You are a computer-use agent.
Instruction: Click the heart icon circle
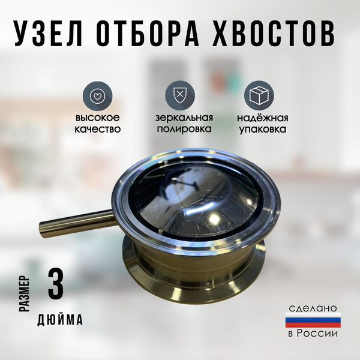pyautogui.click(x=98, y=96)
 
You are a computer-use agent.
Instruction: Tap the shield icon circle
pyautogui.click(x=180, y=96)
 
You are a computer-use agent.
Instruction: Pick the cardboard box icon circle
pyautogui.click(x=259, y=96)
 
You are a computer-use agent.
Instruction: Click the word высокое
pyautogui.click(x=98, y=118)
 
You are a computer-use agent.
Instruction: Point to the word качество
pyautogui.click(x=98, y=129)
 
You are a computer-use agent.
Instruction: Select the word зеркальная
pyautogui.click(x=184, y=118)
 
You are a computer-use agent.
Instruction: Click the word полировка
pyautogui.click(x=184, y=129)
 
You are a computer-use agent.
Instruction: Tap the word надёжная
pyautogui.click(x=263, y=118)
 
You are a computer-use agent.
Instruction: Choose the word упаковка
pyautogui.click(x=263, y=130)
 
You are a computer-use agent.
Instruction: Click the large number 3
pyautogui.click(x=56, y=284)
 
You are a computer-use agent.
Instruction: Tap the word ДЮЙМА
pyautogui.click(x=60, y=319)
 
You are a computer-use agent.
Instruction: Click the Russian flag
pyautogui.click(x=313, y=320)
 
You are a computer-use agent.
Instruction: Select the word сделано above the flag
pyautogui.click(x=313, y=308)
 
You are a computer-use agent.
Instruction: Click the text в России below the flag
pyautogui.click(x=313, y=333)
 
